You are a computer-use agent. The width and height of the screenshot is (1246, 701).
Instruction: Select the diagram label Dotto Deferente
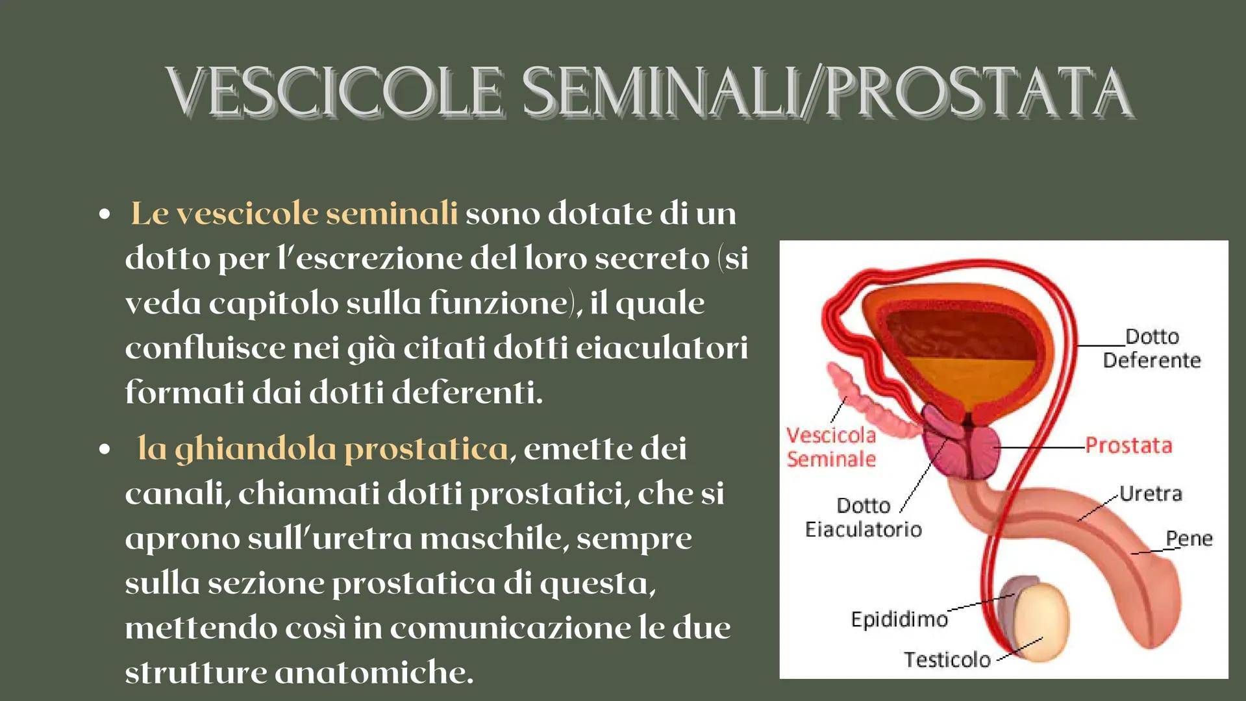coord(1152,348)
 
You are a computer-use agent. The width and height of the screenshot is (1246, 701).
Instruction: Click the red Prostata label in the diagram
coord(1128,446)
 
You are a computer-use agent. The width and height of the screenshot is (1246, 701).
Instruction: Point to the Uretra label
coord(1151,494)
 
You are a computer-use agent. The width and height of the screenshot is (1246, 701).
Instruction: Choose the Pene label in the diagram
coord(1189,538)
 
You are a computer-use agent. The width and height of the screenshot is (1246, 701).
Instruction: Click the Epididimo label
coord(899,619)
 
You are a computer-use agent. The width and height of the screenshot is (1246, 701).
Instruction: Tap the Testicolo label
coord(947,659)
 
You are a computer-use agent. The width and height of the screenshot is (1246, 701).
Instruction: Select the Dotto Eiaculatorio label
coord(863,517)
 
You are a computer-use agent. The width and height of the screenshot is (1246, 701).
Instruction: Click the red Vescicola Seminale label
coord(831,447)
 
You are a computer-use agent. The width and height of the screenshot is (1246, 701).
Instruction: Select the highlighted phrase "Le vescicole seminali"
coord(294,214)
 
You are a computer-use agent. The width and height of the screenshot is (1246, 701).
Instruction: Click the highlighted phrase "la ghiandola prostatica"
coord(323,449)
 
